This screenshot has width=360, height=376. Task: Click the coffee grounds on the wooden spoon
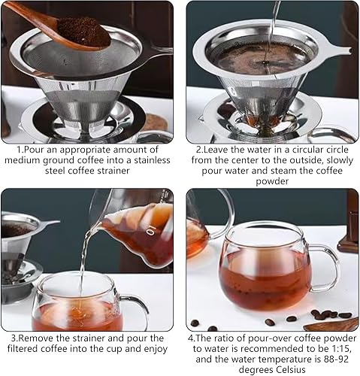(84, 32)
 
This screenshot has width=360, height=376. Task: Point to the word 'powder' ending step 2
(272, 181)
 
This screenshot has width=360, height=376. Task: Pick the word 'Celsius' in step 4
(291, 370)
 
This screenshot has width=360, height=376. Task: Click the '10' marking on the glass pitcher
(151, 230)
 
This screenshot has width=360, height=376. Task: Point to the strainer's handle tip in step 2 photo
(349, 51)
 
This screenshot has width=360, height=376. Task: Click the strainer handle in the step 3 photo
(49, 223)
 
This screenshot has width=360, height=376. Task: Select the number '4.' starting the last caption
(191, 338)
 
